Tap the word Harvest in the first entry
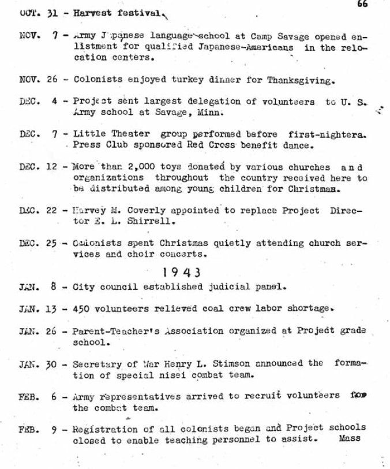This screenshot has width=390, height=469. click(x=91, y=13)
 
